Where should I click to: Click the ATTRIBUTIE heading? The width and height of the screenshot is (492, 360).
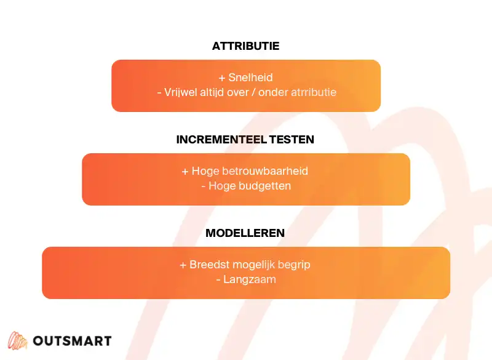pos(245,46)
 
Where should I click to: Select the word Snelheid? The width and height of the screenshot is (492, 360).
pos(250,78)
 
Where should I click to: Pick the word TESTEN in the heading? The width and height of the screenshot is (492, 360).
pos(292,140)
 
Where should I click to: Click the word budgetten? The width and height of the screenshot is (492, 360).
pos(266,186)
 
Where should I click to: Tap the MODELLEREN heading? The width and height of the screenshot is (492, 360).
pos(245,233)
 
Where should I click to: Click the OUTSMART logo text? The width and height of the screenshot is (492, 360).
pos(72,341)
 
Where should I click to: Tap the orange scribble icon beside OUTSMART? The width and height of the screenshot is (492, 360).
pos(17,341)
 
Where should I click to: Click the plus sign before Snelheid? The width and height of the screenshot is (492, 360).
pos(222,78)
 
